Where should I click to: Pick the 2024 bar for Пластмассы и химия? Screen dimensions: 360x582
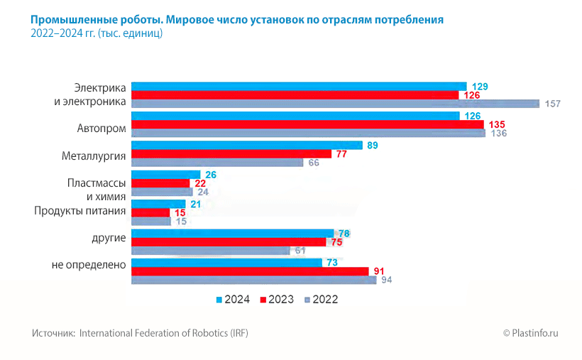[x=166, y=175]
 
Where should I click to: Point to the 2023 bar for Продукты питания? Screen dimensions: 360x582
[x=150, y=212]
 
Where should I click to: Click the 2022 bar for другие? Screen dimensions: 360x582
[x=211, y=250]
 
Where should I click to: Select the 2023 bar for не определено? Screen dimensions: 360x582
[x=250, y=271]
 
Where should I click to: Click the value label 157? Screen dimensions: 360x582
[x=553, y=104]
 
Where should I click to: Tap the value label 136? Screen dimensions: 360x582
[x=499, y=133]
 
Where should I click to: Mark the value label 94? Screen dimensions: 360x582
[x=387, y=280]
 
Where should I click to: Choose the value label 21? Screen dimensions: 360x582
[x=197, y=204]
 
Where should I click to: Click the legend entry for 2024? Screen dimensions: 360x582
[x=233, y=300]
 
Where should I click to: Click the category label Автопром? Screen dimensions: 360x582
[x=101, y=129]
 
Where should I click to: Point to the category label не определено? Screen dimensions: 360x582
[x=89, y=265]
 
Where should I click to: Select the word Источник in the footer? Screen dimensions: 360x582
[x=53, y=333]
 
